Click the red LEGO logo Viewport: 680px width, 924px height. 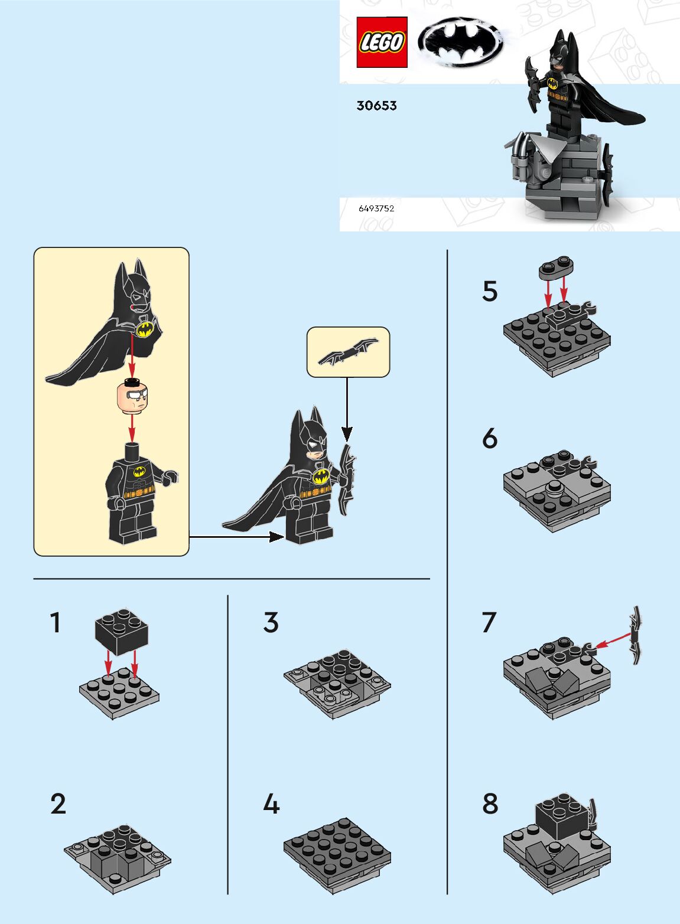pos(382,42)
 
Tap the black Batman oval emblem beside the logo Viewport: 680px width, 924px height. pos(460,42)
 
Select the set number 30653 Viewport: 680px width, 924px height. pos(376,106)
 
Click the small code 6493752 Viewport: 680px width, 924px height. pos(376,208)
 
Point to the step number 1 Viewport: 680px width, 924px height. pos(56,622)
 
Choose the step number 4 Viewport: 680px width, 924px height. pos(271,804)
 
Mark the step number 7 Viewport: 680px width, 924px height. pos(489,622)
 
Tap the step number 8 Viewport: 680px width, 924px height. pos(490,804)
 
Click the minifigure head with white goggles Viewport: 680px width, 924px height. pos(132,397)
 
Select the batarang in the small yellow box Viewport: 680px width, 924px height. pos(348,351)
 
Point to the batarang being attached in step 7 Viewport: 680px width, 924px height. pos(636,635)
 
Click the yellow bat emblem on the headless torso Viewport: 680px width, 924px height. pos(139,472)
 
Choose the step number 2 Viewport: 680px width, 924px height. pos(58,804)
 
